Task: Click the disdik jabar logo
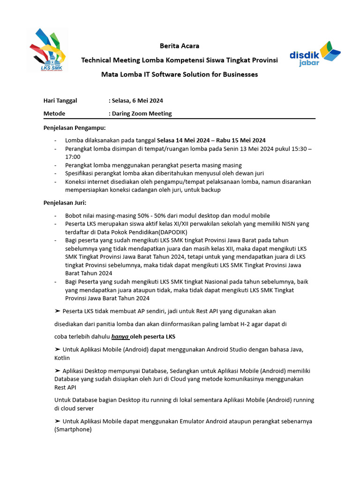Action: (315, 54)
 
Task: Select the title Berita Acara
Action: (180, 46)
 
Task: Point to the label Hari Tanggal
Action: (60, 100)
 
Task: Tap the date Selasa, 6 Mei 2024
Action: (137, 100)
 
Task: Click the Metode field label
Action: (54, 113)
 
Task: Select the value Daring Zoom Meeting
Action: (142, 113)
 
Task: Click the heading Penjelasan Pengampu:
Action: (75, 127)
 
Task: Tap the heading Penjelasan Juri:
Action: (65, 202)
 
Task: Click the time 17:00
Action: (73, 157)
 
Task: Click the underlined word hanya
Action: (120, 337)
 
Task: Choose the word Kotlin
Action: (62, 358)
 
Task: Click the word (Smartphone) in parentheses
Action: (73, 429)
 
